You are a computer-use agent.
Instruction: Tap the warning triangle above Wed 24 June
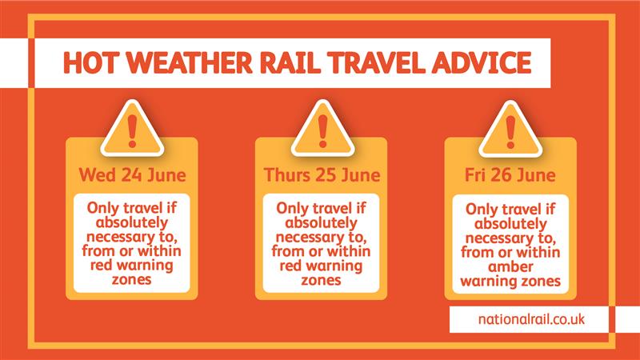click(132, 129)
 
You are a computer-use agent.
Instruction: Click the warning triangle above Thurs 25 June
click(322, 129)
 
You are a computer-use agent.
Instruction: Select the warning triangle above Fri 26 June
click(510, 129)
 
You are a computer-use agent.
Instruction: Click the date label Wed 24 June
click(132, 174)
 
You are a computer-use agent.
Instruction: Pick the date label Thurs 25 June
click(322, 174)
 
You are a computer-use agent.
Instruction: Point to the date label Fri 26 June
click(510, 174)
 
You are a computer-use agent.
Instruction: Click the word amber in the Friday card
click(510, 266)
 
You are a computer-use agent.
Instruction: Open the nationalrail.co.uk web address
click(531, 318)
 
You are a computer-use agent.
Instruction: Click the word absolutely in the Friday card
click(510, 224)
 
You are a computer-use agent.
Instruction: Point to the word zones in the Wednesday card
click(131, 280)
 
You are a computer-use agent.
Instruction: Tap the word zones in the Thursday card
click(321, 281)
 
